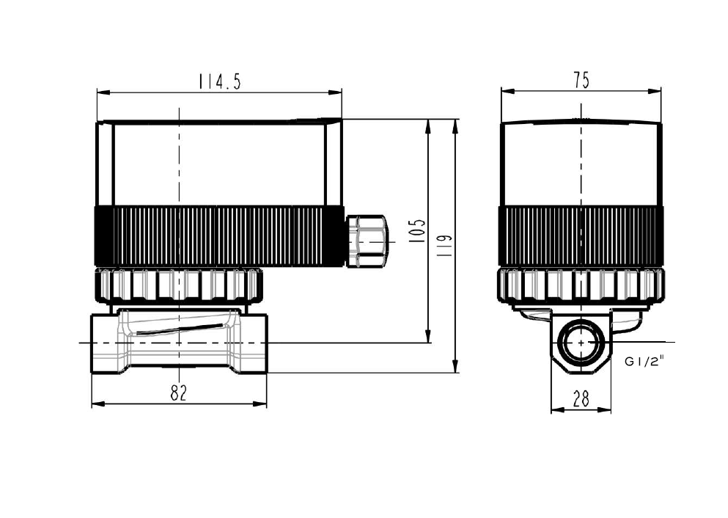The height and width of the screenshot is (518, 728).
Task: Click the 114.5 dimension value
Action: (x=220, y=81)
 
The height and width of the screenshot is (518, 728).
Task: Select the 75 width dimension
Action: (x=581, y=80)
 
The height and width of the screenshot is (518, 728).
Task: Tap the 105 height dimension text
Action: (x=418, y=231)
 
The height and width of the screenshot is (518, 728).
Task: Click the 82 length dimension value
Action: (x=178, y=393)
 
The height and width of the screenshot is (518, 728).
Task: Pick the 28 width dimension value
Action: (x=581, y=398)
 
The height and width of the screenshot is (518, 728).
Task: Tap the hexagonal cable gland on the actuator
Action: (x=366, y=241)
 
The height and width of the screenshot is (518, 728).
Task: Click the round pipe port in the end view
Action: (x=581, y=342)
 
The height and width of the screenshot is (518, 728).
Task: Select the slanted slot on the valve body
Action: (x=179, y=329)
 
